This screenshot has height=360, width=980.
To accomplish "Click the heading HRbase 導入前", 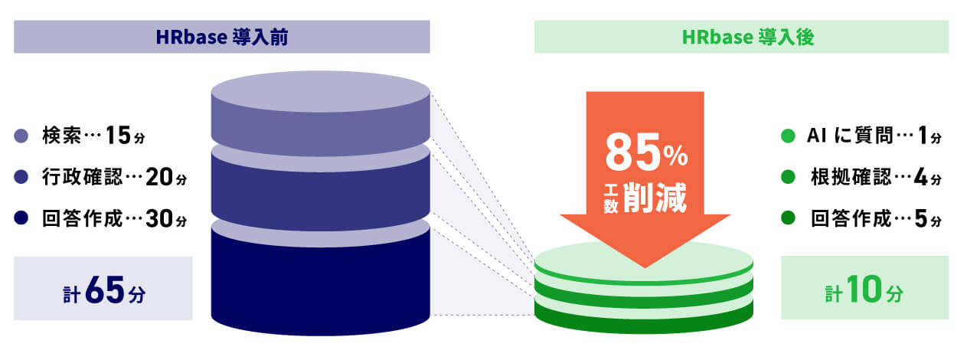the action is [x=222, y=37].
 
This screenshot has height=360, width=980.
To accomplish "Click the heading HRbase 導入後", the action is [x=748, y=37].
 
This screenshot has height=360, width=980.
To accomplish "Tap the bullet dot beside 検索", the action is [x=21, y=136].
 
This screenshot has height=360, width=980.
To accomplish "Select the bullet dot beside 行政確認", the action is [x=21, y=177].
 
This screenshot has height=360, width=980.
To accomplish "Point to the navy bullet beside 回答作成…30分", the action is [x=21, y=218].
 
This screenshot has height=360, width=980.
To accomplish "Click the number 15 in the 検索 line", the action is [x=118, y=135].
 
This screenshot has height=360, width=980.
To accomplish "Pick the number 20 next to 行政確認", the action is [x=159, y=176].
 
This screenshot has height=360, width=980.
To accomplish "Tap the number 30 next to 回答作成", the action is [x=159, y=218].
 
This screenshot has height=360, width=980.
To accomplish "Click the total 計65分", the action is [x=103, y=290].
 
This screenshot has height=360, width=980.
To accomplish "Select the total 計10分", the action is [x=864, y=289].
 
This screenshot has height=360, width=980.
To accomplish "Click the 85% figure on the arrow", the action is [x=646, y=152].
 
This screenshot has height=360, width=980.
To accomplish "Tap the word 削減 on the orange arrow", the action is [x=655, y=198].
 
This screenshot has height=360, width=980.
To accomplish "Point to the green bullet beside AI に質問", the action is [x=788, y=136].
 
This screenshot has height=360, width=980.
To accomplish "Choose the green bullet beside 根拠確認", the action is [x=788, y=177].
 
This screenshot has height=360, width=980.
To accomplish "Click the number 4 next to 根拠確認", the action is [x=920, y=177].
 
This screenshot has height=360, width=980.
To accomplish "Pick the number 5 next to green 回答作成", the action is [x=920, y=218].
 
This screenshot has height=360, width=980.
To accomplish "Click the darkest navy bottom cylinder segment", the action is [x=321, y=283].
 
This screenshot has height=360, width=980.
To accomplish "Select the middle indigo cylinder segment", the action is [x=321, y=193].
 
